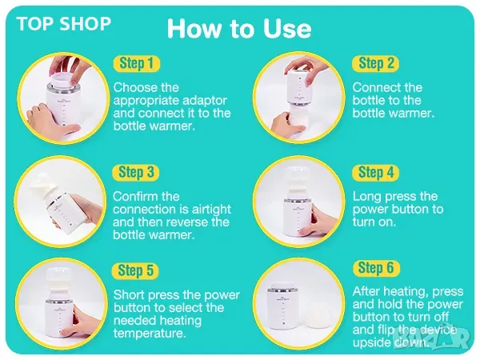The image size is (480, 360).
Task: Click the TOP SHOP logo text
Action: click(64, 24)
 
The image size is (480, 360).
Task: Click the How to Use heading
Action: click(239, 29)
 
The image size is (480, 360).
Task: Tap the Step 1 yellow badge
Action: click(137, 63)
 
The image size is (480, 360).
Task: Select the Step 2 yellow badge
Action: click(376, 63)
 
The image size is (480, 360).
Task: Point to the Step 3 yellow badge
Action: click(136, 172)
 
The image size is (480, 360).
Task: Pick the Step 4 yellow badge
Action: click(375, 172)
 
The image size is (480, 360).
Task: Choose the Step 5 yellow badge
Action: click(136, 271)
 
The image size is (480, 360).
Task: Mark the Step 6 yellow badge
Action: click(376, 268)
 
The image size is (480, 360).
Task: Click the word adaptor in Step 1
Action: click(205, 101)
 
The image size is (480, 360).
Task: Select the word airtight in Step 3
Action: click(211, 210)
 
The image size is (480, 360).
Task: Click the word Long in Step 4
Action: click(366, 197)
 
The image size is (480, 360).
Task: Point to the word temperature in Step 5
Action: click(150, 333)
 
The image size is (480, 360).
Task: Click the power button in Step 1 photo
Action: click(64, 125)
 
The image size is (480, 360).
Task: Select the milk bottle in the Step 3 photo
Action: click(42, 186)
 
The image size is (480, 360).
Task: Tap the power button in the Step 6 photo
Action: click(283, 323)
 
